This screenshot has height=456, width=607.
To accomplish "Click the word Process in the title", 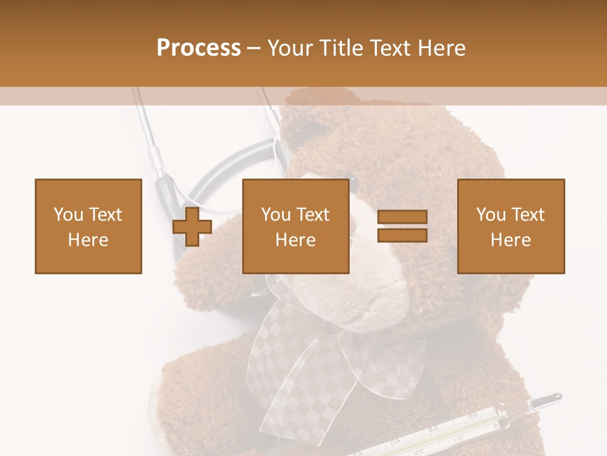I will [x=199, y=48].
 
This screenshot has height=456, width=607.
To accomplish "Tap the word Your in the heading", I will [x=291, y=48].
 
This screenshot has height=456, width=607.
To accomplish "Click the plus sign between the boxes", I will [x=192, y=227].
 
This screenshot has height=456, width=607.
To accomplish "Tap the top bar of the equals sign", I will [x=402, y=217].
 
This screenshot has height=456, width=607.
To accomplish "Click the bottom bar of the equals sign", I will [x=402, y=236].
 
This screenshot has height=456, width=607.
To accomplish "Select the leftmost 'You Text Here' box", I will [x=89, y=226].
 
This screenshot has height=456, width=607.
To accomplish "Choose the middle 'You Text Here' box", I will [x=296, y=226].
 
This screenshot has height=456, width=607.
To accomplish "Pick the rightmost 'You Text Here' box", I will [x=511, y=226].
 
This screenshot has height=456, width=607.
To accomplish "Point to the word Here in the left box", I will [x=89, y=240].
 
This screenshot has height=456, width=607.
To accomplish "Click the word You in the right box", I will [x=491, y=215].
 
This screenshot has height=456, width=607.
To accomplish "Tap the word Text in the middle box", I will [x=313, y=215].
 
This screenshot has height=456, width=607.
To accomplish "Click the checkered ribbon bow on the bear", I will [x=316, y=355].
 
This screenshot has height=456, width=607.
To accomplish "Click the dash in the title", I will [x=254, y=48].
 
